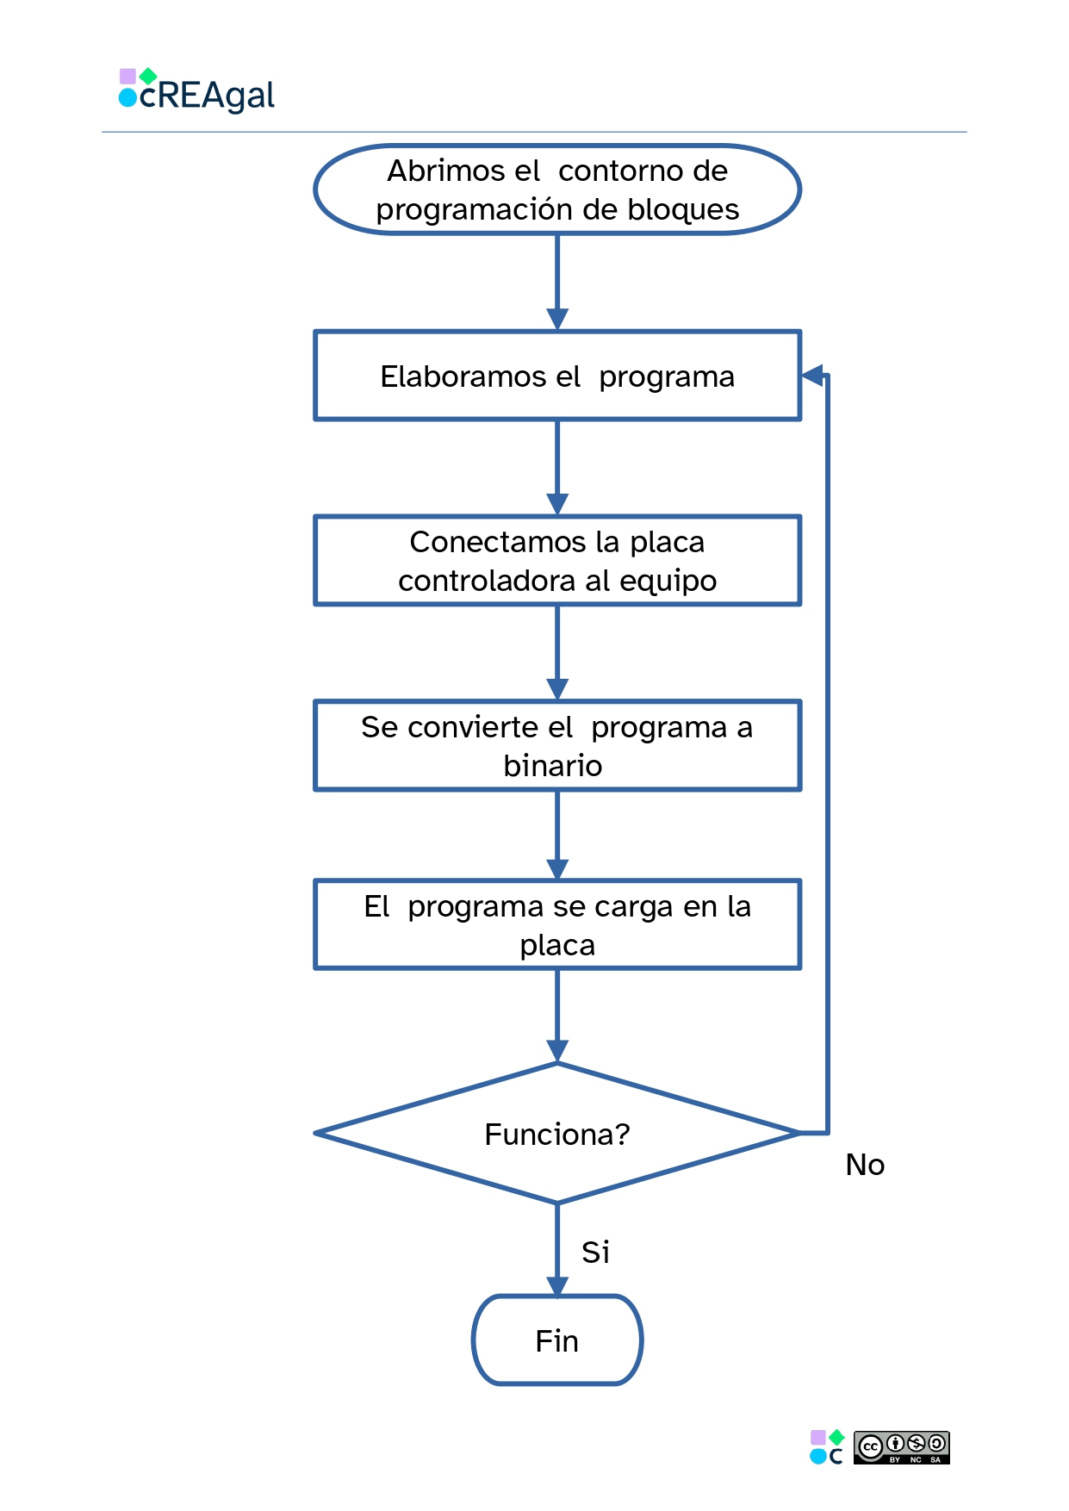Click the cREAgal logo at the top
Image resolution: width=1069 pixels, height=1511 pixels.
pos(196,91)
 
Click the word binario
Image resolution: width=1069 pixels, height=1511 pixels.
pos(553,766)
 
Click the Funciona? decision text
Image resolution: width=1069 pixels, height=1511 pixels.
pos(557,1135)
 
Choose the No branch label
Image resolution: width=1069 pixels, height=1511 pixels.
pos(865,1165)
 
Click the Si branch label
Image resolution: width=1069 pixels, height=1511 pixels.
pos(595,1252)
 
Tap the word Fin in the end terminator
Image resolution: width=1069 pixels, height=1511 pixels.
pos(556,1341)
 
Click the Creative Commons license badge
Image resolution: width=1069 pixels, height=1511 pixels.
pos(901,1447)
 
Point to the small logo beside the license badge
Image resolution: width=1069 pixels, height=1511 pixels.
pos(827,1447)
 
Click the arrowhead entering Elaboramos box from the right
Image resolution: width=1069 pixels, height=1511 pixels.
pos(812,376)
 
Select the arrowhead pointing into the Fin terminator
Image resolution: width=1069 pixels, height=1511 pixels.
pos(557,1286)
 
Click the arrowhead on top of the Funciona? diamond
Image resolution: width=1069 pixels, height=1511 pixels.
pos(557,1052)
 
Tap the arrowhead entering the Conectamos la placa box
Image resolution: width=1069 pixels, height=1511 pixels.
pos(557,504)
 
